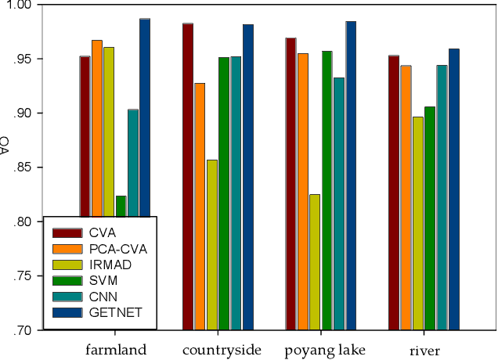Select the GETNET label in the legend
pyautogui.click(x=110, y=312)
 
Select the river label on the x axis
pyautogui.click(x=424, y=349)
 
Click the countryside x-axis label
pyautogui.click(x=222, y=349)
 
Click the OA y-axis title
pyautogui.click(x=5, y=145)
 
